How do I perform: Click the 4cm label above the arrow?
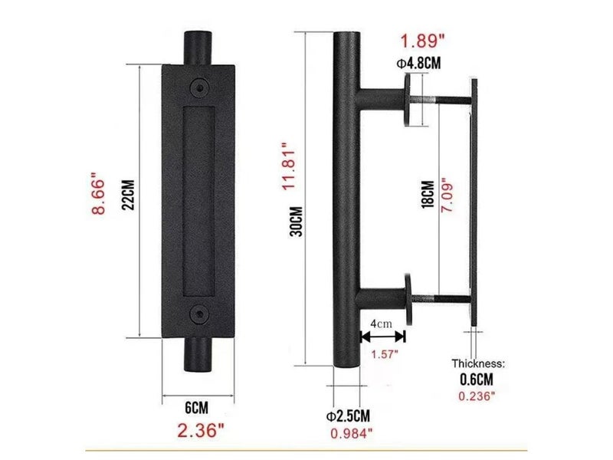[381, 324]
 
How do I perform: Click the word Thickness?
[476, 364]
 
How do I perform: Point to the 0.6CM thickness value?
[476, 381]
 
